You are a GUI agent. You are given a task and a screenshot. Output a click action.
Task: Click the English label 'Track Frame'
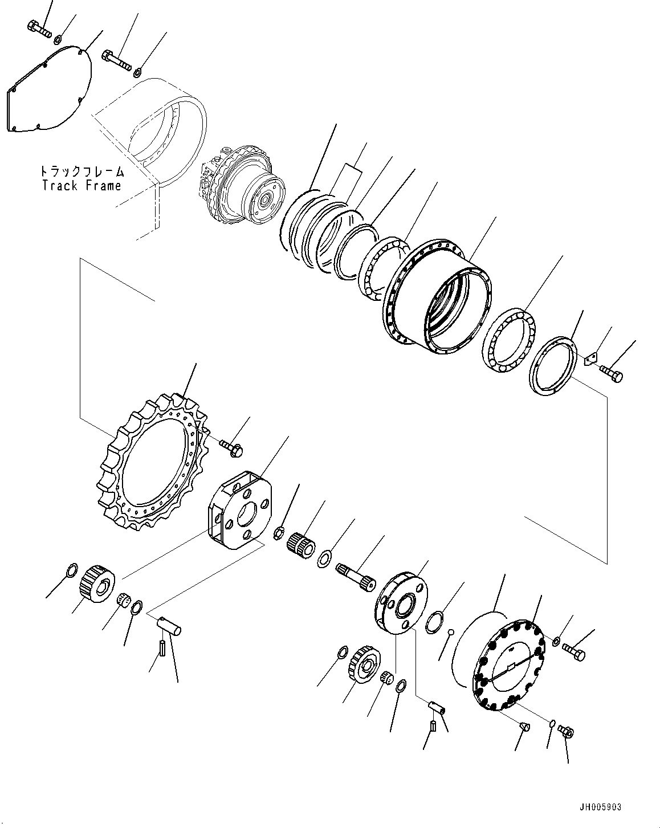point(81,186)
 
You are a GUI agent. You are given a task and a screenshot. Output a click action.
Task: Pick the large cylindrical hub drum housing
point(439,296)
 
